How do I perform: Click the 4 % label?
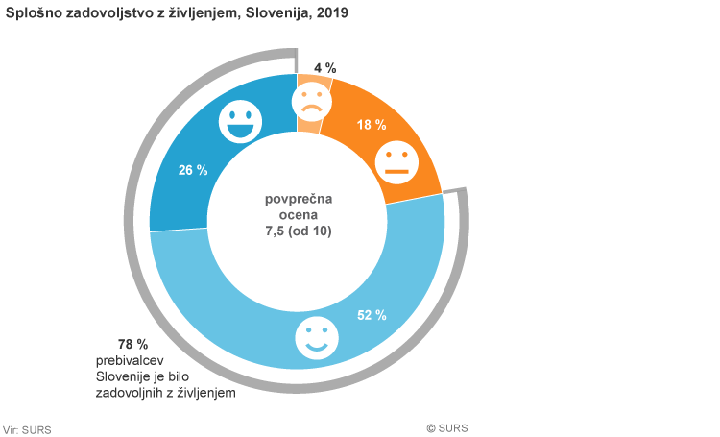click(x=325, y=68)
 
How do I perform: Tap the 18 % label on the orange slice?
click(x=372, y=125)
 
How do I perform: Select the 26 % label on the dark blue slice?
click(x=193, y=170)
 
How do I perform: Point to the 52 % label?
click(x=372, y=315)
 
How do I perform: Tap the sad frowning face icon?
click(x=309, y=101)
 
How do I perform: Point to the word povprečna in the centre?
click(x=298, y=199)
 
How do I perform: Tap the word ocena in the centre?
click(x=298, y=215)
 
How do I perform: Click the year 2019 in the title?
click(x=331, y=14)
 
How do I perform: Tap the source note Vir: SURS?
click(x=28, y=429)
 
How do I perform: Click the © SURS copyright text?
click(x=448, y=428)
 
